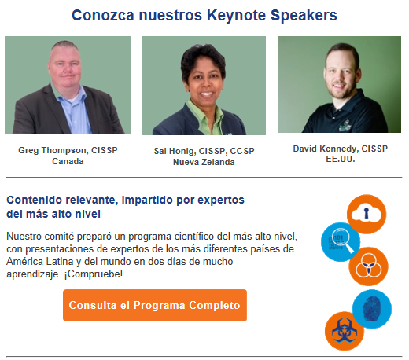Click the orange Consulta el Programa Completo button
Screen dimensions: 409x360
[x=155, y=305]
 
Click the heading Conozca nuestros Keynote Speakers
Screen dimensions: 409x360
[x=204, y=15]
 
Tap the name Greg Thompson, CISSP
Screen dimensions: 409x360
[x=68, y=150]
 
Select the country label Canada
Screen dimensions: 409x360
[x=68, y=161]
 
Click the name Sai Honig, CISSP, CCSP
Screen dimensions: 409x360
[x=204, y=151]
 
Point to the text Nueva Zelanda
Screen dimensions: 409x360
[x=204, y=162]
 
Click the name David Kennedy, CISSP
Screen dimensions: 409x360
[x=340, y=149]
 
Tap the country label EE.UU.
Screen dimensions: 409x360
[x=341, y=159]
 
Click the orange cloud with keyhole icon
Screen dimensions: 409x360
[x=367, y=214]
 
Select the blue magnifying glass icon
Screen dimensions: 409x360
[x=341, y=242]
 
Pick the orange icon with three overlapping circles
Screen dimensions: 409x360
[x=368, y=266]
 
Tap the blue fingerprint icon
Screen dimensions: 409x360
[x=372, y=309]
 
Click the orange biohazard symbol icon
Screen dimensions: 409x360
[x=345, y=331]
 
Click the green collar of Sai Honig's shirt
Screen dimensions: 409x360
[x=204, y=112]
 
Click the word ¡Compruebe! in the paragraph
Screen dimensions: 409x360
[x=94, y=274]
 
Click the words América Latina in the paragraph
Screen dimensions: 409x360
[x=40, y=262]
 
